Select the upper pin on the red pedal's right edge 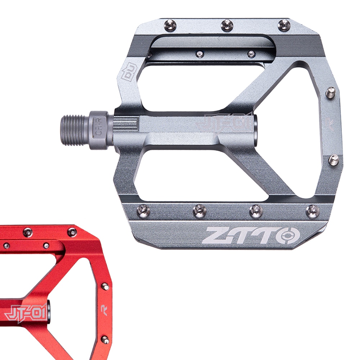tap(105, 287)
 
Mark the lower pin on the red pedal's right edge tap(105, 339)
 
